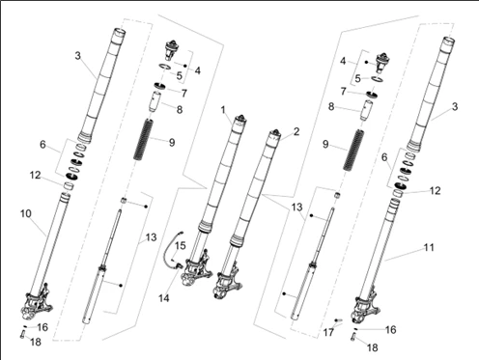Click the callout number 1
(x=223, y=110)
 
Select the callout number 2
(x=296, y=131)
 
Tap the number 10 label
(x=26, y=213)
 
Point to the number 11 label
(x=429, y=247)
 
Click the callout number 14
(x=163, y=298)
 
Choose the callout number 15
(x=181, y=246)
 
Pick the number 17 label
(x=328, y=332)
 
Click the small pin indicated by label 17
(x=338, y=320)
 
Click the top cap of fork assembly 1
(x=240, y=120)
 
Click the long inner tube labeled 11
(x=380, y=248)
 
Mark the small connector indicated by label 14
(x=179, y=265)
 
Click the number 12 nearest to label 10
(x=35, y=176)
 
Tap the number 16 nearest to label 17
(x=390, y=330)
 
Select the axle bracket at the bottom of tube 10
(x=36, y=302)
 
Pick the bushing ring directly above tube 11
(x=398, y=193)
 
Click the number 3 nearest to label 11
(x=455, y=106)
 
